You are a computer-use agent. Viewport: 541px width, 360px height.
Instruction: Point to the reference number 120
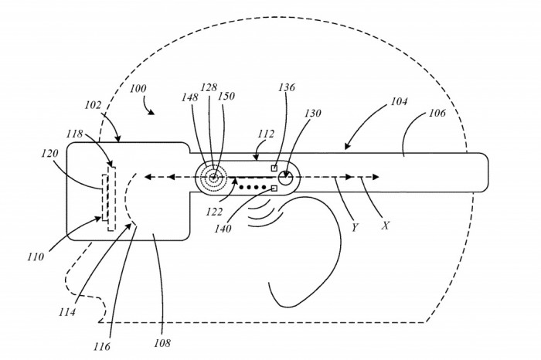click(x=50, y=155)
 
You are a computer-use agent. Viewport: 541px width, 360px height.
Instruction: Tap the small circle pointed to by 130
click(x=286, y=177)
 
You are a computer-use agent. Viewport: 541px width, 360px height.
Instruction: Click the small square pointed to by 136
click(x=274, y=168)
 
